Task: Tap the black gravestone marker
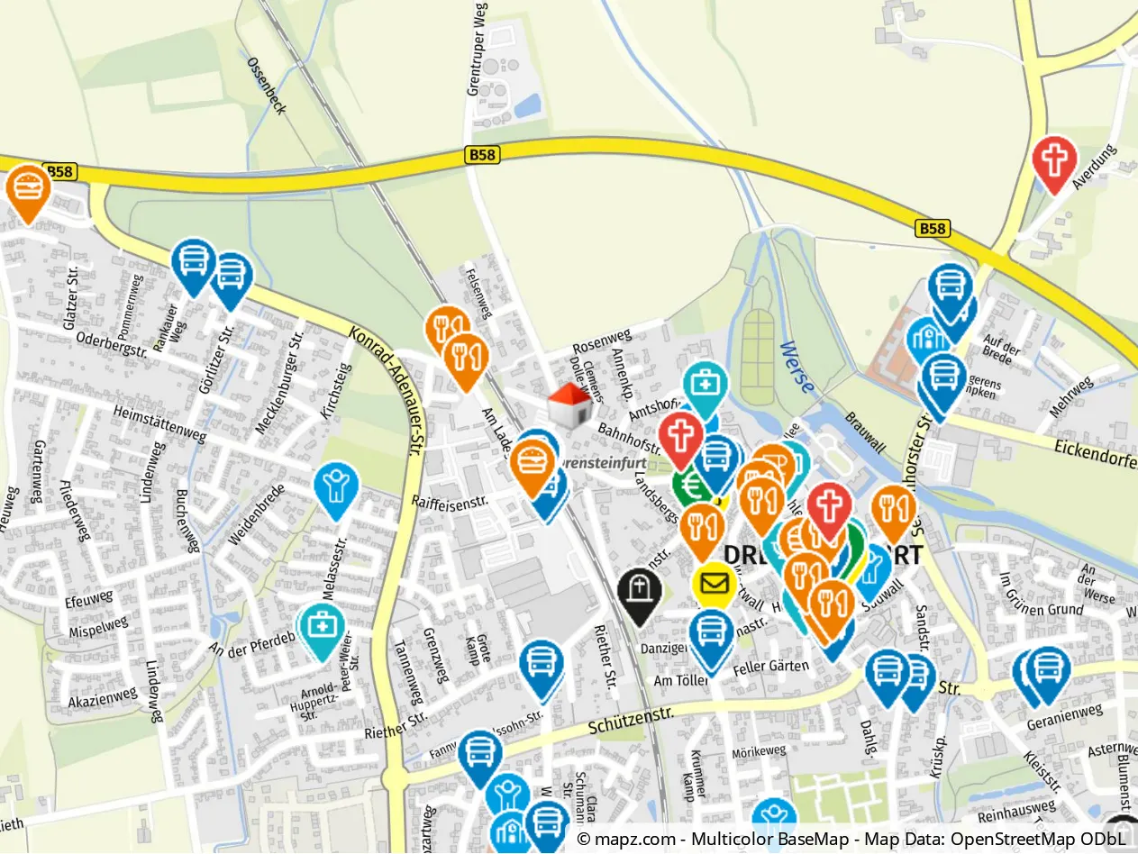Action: coord(640,592)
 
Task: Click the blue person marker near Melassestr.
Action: coord(336,486)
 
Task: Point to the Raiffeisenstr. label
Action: coord(450,498)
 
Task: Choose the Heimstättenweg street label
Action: coord(160,423)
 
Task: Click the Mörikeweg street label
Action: coord(759,750)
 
